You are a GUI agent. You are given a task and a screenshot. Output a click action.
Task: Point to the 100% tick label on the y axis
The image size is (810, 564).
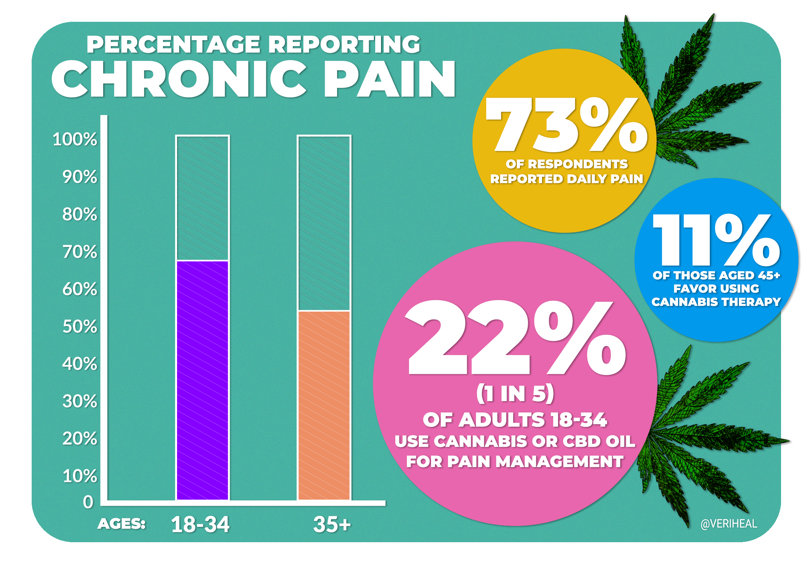click(75, 139)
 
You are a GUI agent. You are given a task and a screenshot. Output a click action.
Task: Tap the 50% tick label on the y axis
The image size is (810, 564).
click(80, 327)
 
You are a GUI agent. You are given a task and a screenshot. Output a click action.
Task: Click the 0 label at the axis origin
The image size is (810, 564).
click(88, 502)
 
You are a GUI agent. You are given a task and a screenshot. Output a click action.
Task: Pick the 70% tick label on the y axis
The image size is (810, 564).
click(80, 252)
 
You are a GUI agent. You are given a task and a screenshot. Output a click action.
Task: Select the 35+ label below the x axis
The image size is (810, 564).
click(332, 524)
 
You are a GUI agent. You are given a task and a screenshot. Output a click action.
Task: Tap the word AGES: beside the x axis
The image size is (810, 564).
click(121, 524)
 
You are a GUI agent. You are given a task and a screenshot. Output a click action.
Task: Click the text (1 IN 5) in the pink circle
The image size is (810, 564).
click(515, 394)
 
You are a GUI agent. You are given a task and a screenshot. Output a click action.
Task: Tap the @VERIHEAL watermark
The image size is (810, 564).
click(729, 524)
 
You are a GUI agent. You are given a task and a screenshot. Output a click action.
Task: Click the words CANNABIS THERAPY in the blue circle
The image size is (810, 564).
click(716, 302)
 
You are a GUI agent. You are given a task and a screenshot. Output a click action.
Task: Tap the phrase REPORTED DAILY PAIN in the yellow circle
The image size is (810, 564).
click(567, 179)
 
